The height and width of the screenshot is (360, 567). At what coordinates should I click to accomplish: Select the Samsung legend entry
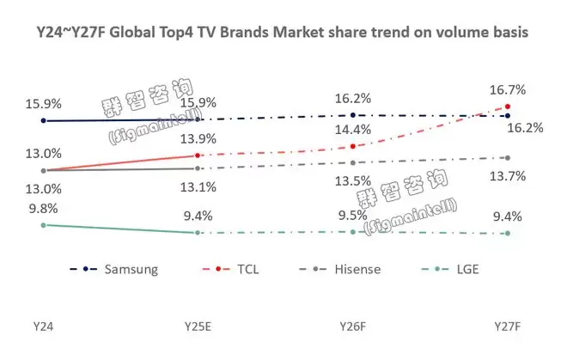pyautogui.click(x=131, y=269)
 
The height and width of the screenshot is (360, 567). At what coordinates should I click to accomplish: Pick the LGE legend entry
pyautogui.click(x=462, y=269)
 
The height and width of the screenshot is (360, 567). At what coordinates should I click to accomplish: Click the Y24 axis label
pyautogui.click(x=43, y=326)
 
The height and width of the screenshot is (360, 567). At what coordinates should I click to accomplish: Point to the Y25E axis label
pyautogui.click(x=198, y=326)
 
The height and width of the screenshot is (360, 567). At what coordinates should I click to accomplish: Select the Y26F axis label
pyautogui.click(x=352, y=326)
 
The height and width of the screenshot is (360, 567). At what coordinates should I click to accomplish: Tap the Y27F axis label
pyautogui.click(x=509, y=326)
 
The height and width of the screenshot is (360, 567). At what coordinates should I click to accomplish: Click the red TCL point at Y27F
pyautogui.click(x=508, y=107)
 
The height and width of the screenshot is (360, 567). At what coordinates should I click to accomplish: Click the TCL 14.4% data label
pyautogui.click(x=353, y=130)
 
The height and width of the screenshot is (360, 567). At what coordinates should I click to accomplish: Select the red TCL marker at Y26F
pyautogui.click(x=352, y=146)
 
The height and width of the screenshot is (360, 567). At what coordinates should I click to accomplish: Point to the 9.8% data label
pyautogui.click(x=43, y=207)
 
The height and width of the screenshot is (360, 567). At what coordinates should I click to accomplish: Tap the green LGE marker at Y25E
pyautogui.click(x=198, y=232)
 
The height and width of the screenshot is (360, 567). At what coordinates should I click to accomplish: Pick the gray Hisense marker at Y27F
pyautogui.click(x=508, y=157)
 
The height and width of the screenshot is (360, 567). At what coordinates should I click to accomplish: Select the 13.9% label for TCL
pyautogui.click(x=198, y=138)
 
